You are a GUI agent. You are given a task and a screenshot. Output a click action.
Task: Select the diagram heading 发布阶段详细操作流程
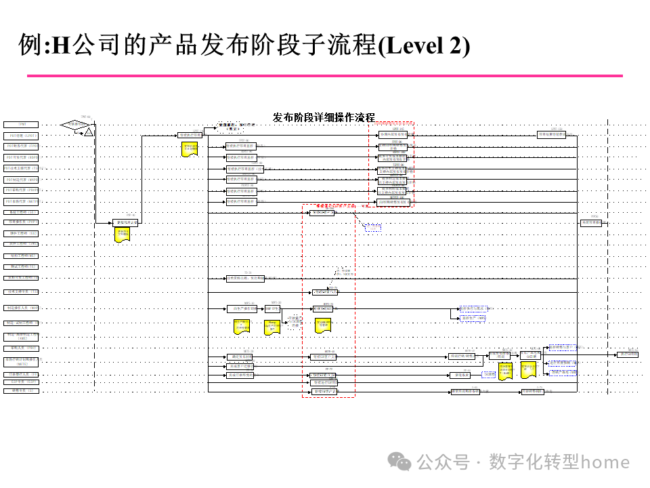pos(324,117)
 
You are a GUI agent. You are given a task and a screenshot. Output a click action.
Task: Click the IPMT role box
pos(22,125)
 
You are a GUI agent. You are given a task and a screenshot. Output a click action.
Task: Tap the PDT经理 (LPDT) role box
pos(22,135)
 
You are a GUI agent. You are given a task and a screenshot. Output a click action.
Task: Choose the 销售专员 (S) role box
pos(22,391)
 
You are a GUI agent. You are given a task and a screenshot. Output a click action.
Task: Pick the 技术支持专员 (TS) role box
pos(22,291)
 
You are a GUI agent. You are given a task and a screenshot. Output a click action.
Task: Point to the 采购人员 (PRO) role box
pos(22,348)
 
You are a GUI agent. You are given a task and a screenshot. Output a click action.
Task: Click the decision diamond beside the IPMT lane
pos(76,125)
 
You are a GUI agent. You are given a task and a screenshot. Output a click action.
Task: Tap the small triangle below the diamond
pos(88,133)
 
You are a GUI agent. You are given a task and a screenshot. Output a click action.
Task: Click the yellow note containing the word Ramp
pos(272,327)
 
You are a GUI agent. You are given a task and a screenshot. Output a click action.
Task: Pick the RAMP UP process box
pos(272,308)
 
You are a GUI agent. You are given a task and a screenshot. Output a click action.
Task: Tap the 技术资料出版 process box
pos(244,279)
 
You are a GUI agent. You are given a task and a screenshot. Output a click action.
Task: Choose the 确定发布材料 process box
pos(240,357)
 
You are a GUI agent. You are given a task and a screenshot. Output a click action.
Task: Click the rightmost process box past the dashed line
pos(627,354)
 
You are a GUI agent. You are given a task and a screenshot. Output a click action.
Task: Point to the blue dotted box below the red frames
pos(373,228)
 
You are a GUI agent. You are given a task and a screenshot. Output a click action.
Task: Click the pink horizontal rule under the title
pos(325,75)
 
